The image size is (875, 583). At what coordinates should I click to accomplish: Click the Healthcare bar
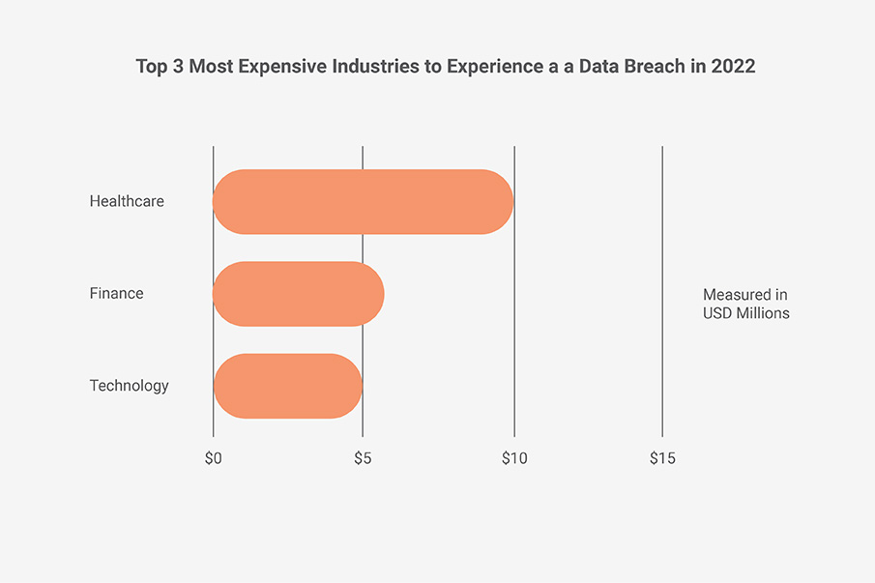point(363,202)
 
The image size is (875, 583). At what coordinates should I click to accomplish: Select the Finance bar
point(298,294)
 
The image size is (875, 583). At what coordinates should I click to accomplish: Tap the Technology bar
point(287,386)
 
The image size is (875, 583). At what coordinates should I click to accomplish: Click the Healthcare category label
point(127,202)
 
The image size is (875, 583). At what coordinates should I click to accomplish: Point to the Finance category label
point(116,294)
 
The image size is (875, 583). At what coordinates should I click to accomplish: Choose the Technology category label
point(129,386)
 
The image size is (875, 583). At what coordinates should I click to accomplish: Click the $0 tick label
point(213,458)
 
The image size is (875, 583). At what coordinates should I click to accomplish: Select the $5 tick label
point(363,458)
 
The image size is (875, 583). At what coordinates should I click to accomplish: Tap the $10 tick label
point(513,458)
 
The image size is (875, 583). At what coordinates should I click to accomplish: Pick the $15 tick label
point(662,458)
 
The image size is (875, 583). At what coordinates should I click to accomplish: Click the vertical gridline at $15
point(662,290)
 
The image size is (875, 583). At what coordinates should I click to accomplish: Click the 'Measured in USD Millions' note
point(745,304)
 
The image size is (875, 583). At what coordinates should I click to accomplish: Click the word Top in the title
point(151,69)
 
